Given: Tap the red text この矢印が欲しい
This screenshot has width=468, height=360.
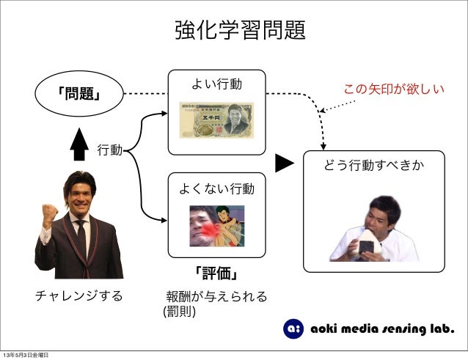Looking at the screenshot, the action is point(395,90).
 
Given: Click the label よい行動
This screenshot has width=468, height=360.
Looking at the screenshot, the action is point(216,87).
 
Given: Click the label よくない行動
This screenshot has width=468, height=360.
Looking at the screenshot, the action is point(216,189).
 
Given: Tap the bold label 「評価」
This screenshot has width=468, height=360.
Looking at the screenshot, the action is point(216,273).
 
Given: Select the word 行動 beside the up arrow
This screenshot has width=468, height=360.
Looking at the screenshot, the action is point(109,151).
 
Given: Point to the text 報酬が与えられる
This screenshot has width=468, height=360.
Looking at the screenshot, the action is point(216,297).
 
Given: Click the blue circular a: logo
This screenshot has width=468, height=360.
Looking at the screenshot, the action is point(293,330).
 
